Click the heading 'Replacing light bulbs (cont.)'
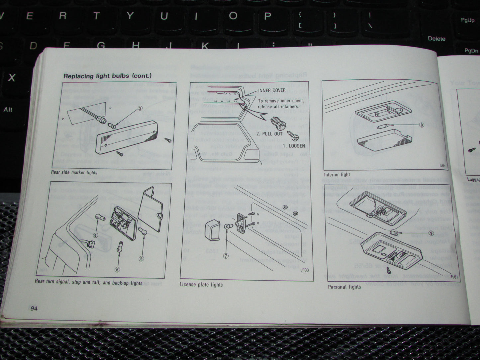pos(107,76)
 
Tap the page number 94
pos(34,309)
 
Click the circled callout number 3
pos(140,108)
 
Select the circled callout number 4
pos(95,236)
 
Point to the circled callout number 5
pos(141,259)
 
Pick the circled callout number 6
pos(117,269)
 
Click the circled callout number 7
pos(226,256)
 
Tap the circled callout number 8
pos(422,125)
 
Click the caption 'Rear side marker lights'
pos(74,172)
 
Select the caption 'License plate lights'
pos(201,285)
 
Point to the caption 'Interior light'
pos(337,175)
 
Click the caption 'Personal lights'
pos(344,287)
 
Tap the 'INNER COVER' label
pos(272,90)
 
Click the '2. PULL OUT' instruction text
pos(269,134)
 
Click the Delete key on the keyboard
pos(436,39)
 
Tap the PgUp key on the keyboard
pos(467,20)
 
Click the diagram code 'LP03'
pos(304,270)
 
